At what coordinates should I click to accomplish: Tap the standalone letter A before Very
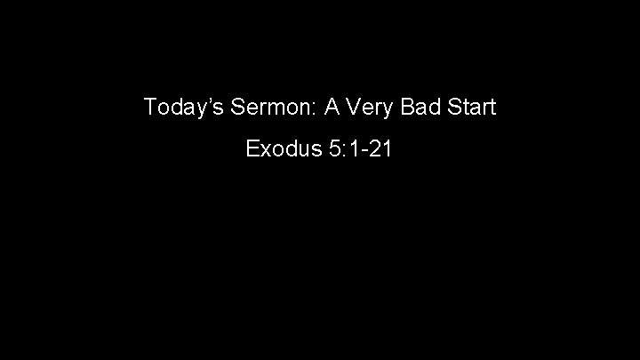click(x=332, y=108)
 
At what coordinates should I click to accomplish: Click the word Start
click(x=471, y=108)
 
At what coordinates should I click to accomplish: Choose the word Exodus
click(x=282, y=148)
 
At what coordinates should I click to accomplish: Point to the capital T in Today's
click(x=150, y=108)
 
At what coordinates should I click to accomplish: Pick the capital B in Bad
click(x=404, y=108)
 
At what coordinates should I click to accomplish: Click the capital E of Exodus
click(x=252, y=148)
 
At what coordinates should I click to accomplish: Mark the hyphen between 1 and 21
click(x=367, y=150)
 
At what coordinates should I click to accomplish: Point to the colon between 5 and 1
click(x=343, y=150)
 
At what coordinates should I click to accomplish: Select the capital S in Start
click(x=453, y=108)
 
